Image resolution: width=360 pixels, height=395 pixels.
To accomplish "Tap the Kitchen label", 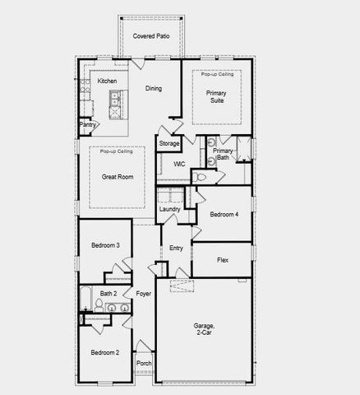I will [x=107, y=81].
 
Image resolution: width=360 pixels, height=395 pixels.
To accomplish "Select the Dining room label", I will [x=153, y=89].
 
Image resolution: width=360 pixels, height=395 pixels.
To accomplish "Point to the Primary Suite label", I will [x=216, y=96].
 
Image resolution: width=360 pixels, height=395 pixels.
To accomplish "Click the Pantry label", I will [x=88, y=125].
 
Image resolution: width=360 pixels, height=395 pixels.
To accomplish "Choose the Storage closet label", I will [x=168, y=144].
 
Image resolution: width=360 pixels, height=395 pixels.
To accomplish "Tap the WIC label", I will [x=178, y=164].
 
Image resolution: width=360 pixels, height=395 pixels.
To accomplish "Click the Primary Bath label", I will [x=223, y=156].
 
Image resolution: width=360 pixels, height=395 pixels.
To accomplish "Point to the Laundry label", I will [x=169, y=209].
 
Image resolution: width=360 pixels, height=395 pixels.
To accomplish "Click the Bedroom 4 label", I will [x=224, y=215].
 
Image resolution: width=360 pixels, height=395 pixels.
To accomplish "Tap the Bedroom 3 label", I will [x=105, y=245].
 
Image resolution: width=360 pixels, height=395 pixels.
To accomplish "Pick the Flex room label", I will [x=222, y=260].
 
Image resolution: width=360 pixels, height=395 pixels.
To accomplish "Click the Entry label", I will [x=176, y=249].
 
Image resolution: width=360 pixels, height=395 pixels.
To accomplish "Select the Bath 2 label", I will [x=108, y=293].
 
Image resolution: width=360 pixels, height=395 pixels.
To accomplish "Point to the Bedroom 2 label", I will [x=105, y=352].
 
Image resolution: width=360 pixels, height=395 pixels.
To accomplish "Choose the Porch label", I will [x=144, y=363].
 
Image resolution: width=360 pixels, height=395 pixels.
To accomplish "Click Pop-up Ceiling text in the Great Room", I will [x=117, y=152].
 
